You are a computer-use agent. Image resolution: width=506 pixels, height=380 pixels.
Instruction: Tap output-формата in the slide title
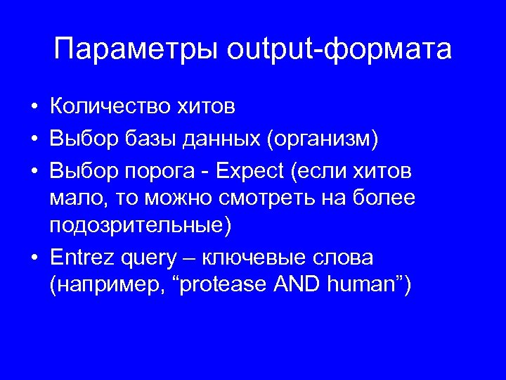tap(340, 51)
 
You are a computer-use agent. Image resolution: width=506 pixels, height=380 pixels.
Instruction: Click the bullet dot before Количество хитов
tap(34, 108)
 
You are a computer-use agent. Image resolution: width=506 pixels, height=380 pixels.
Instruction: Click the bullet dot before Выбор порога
tap(34, 170)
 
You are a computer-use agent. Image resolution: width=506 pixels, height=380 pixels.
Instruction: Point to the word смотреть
tap(281, 198)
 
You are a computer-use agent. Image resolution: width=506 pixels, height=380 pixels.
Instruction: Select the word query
tap(148, 259)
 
